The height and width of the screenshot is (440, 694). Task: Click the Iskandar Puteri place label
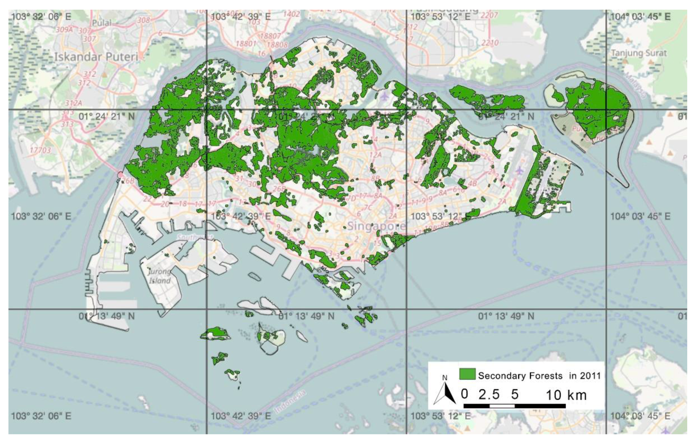click(x=96, y=57)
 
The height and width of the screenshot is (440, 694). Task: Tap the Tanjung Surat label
click(x=639, y=53)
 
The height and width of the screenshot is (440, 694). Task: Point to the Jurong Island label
click(x=160, y=276)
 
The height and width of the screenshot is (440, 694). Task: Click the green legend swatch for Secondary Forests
click(x=467, y=374)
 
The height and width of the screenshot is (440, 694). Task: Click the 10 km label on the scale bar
click(x=566, y=395)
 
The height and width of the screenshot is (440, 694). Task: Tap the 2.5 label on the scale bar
click(x=489, y=394)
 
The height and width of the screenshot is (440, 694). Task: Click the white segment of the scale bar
click(x=502, y=406)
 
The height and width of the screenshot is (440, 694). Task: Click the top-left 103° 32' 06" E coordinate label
click(x=41, y=16)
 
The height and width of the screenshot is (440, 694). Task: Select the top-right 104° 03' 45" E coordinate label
click(x=640, y=17)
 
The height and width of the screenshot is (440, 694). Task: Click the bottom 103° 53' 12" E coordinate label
click(x=440, y=416)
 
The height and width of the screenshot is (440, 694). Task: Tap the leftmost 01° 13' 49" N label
click(x=106, y=316)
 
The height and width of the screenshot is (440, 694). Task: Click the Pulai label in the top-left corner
click(x=102, y=23)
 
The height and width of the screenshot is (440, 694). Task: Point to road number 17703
click(x=40, y=150)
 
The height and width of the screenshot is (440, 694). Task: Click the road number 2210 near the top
click(x=490, y=43)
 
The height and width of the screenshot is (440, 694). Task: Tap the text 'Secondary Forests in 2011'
click(x=539, y=376)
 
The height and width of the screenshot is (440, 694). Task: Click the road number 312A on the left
click(x=74, y=103)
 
